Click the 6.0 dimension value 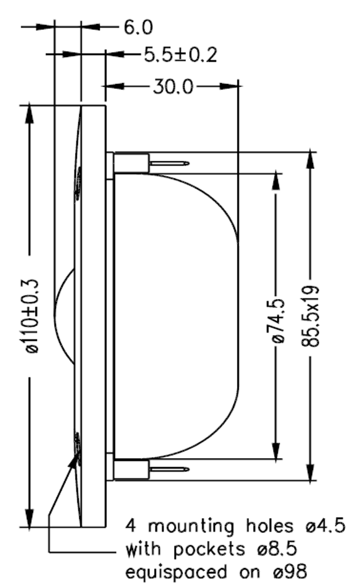click(x=138, y=28)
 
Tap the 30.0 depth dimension click(x=172, y=87)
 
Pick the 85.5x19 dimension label click(x=311, y=316)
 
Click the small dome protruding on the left click(x=64, y=315)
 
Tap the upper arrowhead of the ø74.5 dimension click(x=277, y=181)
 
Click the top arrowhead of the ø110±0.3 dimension click(x=29, y=114)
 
